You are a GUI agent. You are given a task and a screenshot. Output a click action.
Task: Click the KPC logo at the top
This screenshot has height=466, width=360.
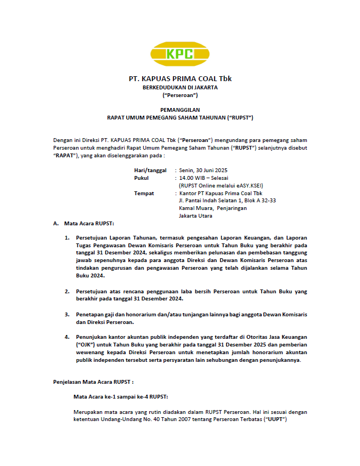click(x=179, y=54)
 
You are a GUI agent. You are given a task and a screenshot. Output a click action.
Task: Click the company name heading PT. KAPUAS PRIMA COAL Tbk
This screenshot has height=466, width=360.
click(x=179, y=78)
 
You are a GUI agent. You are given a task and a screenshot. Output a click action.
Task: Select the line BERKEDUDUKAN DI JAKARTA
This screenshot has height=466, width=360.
click(x=179, y=87)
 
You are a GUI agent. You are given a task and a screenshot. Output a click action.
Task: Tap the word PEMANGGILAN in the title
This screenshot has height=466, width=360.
click(x=179, y=110)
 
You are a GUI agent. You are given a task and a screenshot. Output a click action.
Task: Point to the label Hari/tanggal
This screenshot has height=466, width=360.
click(x=150, y=171)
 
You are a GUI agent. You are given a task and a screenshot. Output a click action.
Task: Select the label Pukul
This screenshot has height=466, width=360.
click(x=141, y=178)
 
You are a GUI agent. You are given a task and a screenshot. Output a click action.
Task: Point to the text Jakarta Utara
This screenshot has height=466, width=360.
click(x=196, y=216)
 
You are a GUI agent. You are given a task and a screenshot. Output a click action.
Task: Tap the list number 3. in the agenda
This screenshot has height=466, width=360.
click(x=66, y=314)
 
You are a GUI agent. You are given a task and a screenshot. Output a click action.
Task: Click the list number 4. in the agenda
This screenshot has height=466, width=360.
click(x=66, y=337)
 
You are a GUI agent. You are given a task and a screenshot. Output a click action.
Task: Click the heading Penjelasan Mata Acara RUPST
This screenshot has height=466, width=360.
click(x=93, y=381)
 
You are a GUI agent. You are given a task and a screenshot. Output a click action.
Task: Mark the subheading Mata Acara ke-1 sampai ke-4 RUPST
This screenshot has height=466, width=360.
click(x=121, y=396)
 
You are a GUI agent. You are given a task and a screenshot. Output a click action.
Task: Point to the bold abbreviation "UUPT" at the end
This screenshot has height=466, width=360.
click(x=276, y=419)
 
